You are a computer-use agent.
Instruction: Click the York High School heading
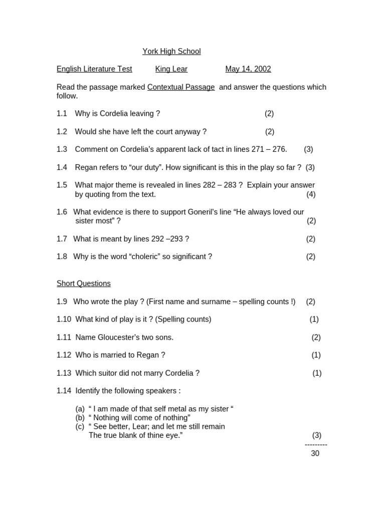click(171, 51)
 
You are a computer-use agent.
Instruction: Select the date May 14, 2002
click(248, 69)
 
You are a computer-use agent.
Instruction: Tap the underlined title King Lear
click(171, 69)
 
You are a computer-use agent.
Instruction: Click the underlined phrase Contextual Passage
click(181, 87)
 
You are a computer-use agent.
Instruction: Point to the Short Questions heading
click(84, 284)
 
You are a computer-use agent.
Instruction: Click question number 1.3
click(62, 149)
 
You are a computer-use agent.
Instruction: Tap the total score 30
click(315, 453)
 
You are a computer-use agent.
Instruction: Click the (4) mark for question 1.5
click(311, 194)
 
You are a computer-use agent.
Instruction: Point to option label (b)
click(80, 418)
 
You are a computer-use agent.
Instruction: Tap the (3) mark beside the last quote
click(317, 435)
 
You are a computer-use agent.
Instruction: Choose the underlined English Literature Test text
click(94, 69)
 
